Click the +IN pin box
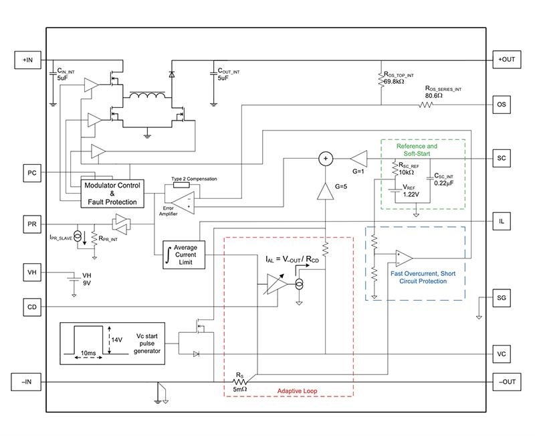pyautogui.click(x=27, y=60)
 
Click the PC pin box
pyautogui.click(x=31, y=172)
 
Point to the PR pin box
pyautogui.click(x=31, y=222)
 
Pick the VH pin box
pyautogui.click(x=31, y=273)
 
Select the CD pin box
pyautogui.click(x=31, y=307)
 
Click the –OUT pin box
pyautogui.click(x=506, y=382)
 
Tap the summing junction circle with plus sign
pyautogui.click(x=326, y=158)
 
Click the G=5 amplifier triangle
pyautogui.click(x=326, y=192)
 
